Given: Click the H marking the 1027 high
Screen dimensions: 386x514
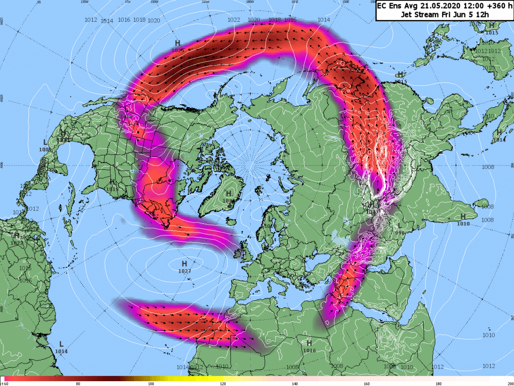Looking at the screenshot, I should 184,264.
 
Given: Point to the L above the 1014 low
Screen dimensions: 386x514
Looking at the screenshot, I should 61,344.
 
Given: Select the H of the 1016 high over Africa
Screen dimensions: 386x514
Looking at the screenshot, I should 309,343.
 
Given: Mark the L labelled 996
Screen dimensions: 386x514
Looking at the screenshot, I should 399,225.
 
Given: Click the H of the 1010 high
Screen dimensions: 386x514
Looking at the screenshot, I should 463,217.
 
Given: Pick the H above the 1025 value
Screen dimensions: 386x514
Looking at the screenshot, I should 178,43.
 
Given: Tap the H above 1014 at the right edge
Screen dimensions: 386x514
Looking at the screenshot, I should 499,132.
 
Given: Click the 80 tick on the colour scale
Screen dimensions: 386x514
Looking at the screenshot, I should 78,384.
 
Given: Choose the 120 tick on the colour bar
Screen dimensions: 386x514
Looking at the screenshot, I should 222,384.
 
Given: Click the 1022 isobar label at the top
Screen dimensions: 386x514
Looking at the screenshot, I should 234,20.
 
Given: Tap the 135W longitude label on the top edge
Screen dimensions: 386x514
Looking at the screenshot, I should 85,2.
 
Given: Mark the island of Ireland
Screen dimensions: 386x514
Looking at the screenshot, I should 240,251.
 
